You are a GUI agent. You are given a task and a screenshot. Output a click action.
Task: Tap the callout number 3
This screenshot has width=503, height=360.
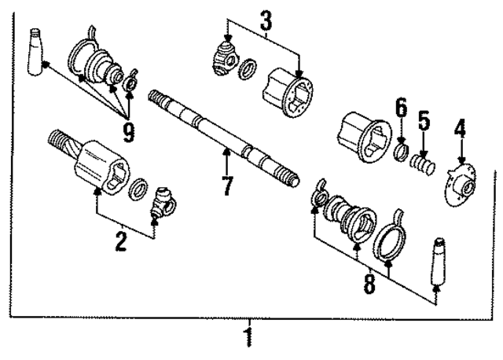[266, 20]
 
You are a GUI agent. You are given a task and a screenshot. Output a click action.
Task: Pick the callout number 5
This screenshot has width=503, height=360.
[424, 122]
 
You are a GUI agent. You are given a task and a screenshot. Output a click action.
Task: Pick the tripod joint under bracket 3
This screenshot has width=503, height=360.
[227, 58]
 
